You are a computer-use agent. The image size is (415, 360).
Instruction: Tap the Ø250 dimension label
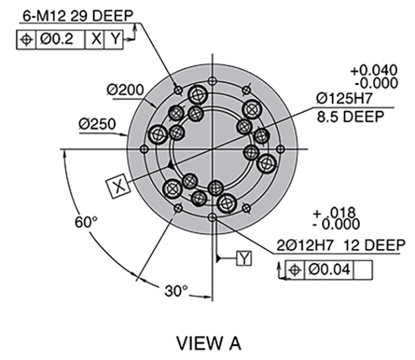click(x=96, y=124)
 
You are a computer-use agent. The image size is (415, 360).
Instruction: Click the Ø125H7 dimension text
click(x=347, y=99)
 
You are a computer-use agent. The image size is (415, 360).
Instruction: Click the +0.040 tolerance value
click(x=374, y=71)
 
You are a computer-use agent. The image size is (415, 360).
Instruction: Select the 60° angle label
click(x=87, y=222)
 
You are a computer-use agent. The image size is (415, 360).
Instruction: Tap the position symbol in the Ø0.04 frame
click(x=295, y=269)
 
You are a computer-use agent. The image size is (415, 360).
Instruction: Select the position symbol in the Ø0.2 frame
click(x=26, y=39)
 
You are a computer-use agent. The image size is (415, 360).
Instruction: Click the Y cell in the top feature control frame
click(x=113, y=39)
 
